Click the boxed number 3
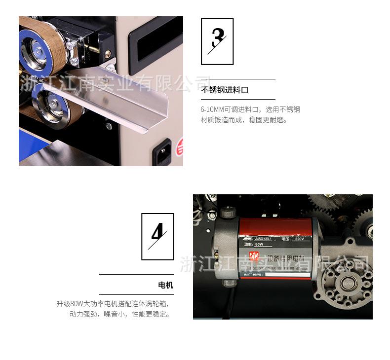pyautogui.click(x=217, y=41)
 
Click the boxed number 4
pyautogui.click(x=157, y=236)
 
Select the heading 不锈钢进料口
pyautogui.click(x=225, y=90)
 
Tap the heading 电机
pyautogui.click(x=165, y=285)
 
